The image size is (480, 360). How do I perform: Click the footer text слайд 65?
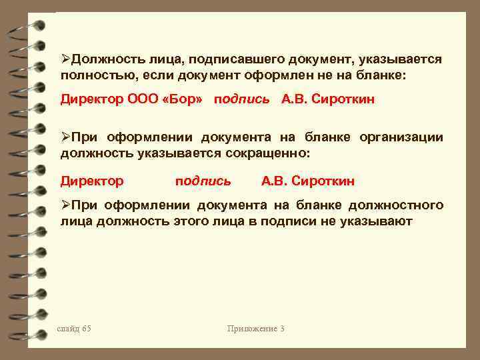coord(75,328)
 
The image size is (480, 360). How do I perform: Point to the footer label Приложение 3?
coord(256,328)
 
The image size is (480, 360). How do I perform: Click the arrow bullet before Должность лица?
coord(65,59)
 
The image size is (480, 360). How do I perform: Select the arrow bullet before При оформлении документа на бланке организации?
coord(65,137)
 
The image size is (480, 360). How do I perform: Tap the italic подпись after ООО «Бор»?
coord(241,99)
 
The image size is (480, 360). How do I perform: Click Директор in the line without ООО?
coord(92,181)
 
